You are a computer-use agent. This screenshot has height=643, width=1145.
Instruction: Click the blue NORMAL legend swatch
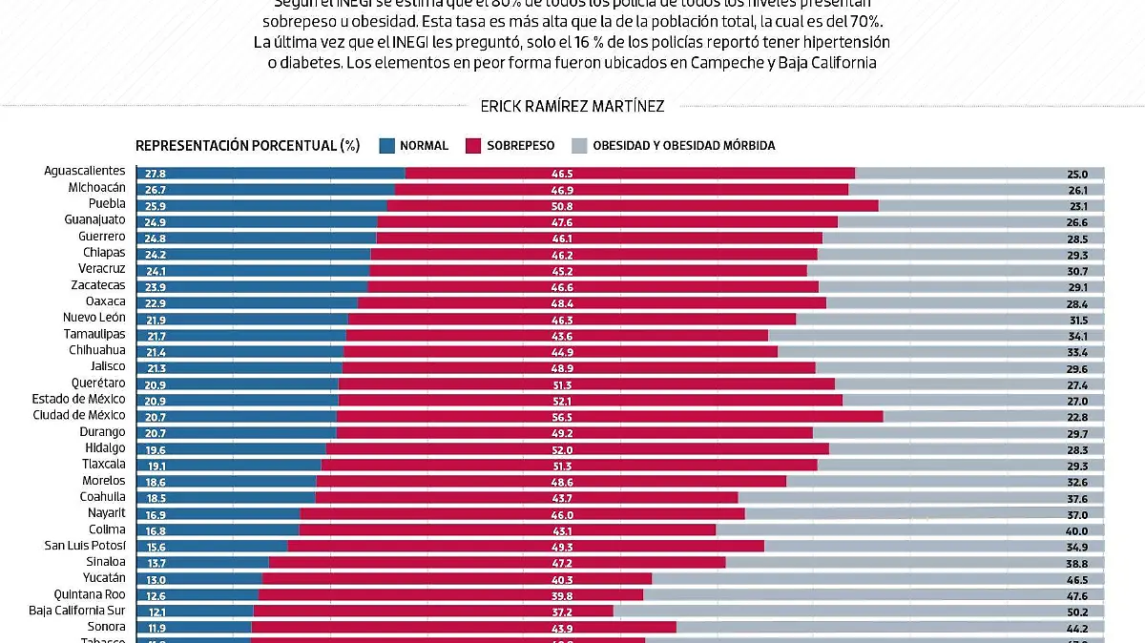[x=386, y=146]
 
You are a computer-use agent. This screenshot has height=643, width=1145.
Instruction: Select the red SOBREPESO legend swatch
[x=472, y=146]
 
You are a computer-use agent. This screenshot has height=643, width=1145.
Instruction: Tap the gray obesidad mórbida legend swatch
[x=578, y=146]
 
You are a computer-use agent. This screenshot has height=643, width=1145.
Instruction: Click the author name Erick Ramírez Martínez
[x=572, y=107]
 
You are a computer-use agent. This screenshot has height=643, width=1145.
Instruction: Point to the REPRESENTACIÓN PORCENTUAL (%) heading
[x=247, y=146]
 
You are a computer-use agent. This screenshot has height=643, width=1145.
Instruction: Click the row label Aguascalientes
[x=85, y=171]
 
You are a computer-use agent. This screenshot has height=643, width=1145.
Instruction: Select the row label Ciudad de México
[x=79, y=415]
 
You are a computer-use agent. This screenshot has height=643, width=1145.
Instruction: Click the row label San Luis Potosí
[x=85, y=545]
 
